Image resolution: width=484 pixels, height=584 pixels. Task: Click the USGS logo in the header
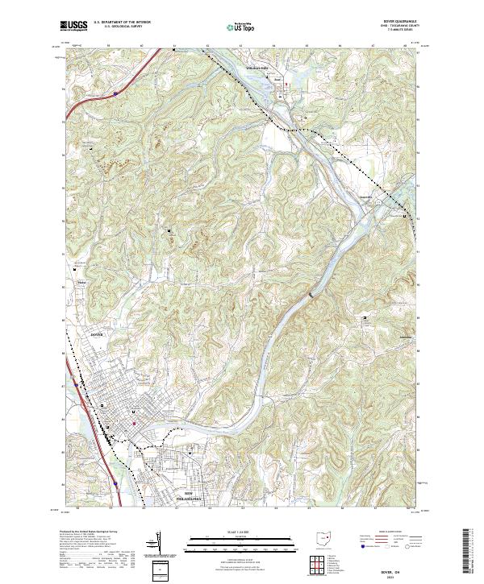(x=74, y=25)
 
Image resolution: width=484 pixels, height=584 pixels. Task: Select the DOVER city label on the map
(x=98, y=333)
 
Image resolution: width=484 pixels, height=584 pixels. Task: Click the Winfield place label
(x=81, y=283)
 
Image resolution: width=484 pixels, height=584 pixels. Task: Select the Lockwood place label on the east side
(x=408, y=337)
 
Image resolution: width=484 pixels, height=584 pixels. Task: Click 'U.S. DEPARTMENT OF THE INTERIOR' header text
(x=121, y=22)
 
